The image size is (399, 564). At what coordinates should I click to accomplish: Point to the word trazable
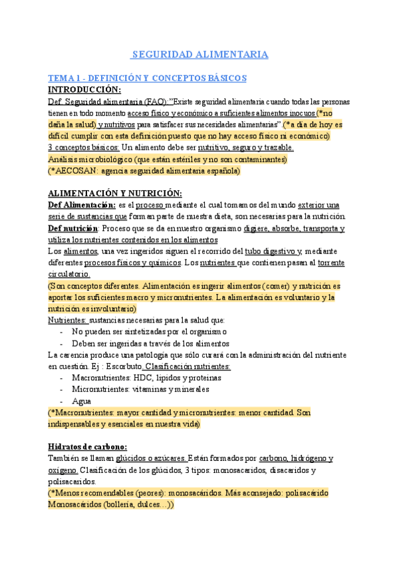coord(267,147)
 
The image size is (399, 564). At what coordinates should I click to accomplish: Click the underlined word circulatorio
coord(69,273)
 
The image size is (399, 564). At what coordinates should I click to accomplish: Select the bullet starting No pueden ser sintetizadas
coord(150,331)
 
